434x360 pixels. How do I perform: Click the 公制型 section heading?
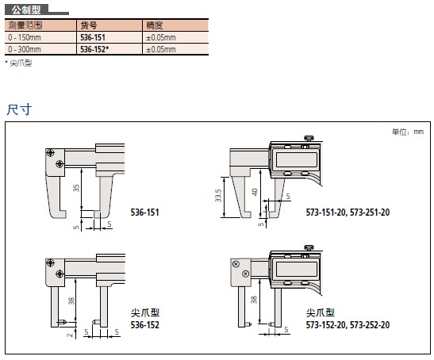click(26, 10)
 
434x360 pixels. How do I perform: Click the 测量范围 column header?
click(25, 25)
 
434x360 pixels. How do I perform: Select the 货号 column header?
click(89, 25)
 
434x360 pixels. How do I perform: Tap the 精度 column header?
click(154, 25)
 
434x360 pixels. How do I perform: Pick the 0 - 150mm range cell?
click(25, 37)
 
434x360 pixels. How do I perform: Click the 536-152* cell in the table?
click(94, 49)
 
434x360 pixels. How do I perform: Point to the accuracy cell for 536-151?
click(161, 37)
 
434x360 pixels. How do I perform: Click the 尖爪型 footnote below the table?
click(21, 63)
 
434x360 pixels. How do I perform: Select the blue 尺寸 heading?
click(19, 109)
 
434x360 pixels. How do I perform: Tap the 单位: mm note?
click(408, 132)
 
